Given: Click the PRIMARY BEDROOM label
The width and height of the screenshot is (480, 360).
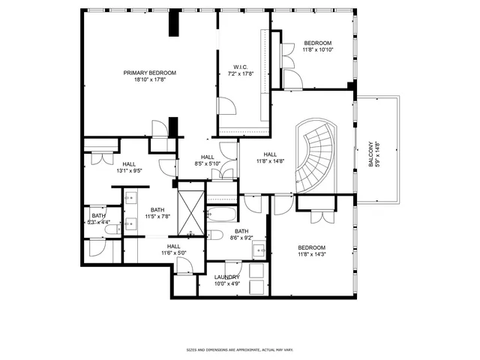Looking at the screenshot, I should point(150,73).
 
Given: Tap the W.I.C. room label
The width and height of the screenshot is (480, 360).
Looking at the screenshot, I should point(241,67).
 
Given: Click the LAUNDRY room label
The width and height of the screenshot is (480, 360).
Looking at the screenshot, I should point(226,277).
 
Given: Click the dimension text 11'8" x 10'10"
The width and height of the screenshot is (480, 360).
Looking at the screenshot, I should point(318,49).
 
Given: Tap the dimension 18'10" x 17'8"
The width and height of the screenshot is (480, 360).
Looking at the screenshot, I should point(150,79).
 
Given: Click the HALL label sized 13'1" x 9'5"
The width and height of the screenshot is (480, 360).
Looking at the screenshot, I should point(129,163).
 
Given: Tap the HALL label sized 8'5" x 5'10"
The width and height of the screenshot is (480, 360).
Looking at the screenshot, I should point(208,157).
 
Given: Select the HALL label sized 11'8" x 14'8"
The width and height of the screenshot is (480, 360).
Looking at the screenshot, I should point(271,154).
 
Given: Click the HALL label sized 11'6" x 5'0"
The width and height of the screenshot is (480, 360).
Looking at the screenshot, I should point(174,246).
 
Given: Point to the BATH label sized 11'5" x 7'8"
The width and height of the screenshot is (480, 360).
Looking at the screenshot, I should point(157,210).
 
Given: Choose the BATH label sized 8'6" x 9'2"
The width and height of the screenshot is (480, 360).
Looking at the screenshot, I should point(241,231).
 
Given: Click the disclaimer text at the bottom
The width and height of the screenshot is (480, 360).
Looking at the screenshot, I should point(239,350).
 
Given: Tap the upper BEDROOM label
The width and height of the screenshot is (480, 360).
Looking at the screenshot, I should point(318,43).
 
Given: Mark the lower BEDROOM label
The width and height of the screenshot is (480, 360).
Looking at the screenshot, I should point(311,248).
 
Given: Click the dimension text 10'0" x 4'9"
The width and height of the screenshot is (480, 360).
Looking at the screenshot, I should point(226,283).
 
